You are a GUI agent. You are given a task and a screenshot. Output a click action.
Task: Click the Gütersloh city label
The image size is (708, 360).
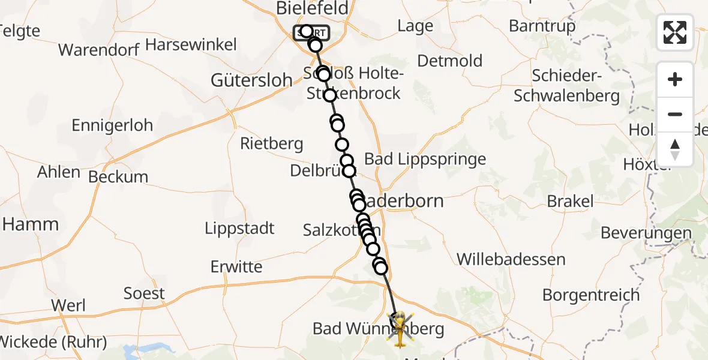tap(251, 80)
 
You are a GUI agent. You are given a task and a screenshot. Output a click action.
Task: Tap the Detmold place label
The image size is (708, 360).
tap(449, 61)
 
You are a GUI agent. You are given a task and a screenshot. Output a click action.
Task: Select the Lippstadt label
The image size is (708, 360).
tap(239, 229)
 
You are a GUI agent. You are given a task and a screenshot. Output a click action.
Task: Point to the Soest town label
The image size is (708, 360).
tap(144, 293)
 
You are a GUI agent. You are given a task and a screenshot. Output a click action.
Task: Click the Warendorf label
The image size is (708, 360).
tap(99, 49)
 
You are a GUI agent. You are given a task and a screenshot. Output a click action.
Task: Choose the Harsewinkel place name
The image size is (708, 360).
tap(191, 44)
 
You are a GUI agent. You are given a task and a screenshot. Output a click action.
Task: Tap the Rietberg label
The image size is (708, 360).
tap(272, 144)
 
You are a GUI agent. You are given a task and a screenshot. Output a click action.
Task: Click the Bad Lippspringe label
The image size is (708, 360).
tap(425, 159)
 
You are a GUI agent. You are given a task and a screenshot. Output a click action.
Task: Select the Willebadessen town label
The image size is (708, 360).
tap(511, 259)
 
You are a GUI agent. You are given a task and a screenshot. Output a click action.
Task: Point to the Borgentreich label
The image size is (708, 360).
tap(583, 295)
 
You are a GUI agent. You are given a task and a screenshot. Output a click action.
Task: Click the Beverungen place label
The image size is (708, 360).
tap(646, 233)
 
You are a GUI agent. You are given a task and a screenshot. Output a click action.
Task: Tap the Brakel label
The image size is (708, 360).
tap(570, 201)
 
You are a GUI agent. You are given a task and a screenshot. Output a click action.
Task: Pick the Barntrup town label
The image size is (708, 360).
tap(542, 26)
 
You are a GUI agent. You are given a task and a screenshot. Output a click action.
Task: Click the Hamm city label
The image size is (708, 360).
tap(31, 224)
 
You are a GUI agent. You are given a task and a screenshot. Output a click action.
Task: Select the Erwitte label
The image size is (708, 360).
tap(236, 266)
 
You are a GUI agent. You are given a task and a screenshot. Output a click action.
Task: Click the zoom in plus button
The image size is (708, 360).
tap(675, 79)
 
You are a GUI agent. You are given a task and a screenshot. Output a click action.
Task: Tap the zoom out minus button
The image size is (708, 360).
tap(675, 114)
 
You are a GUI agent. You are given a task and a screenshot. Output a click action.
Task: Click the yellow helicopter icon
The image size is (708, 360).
tap(400, 329)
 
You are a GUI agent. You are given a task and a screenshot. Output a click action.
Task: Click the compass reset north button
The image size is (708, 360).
tap(675, 149)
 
